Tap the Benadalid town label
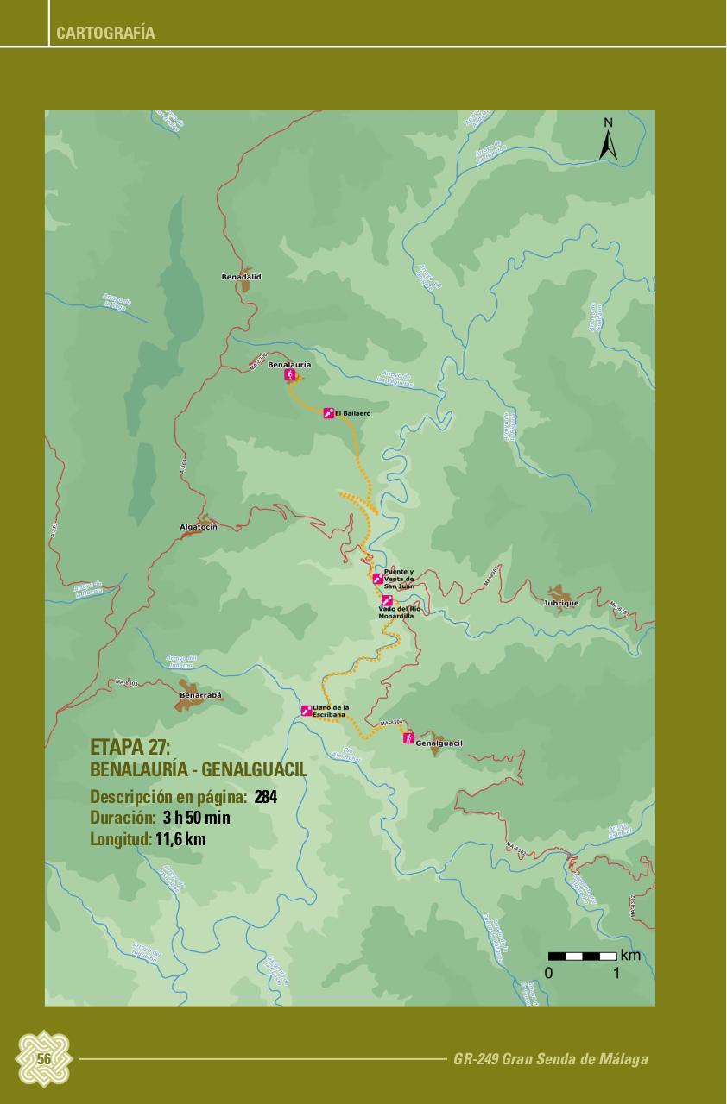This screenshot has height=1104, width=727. click(x=241, y=277)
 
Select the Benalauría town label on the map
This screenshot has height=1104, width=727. click(x=289, y=365)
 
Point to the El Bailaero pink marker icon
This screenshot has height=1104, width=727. click(x=328, y=414)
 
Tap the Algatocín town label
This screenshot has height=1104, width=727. click(x=198, y=526)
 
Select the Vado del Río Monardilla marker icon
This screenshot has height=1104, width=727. click(x=387, y=600)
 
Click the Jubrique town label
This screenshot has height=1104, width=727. click(x=561, y=603)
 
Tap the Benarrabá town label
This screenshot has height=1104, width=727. click(x=200, y=695)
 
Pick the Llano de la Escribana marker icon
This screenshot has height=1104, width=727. click(x=307, y=711)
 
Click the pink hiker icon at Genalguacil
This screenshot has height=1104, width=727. click(x=407, y=738)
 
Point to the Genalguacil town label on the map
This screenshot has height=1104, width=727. click(x=439, y=743)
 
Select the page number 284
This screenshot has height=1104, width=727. click(x=266, y=796)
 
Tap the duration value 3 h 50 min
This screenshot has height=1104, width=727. click(x=196, y=818)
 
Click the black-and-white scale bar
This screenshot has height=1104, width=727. click(x=582, y=956)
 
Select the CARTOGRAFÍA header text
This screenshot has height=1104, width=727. click(x=105, y=34)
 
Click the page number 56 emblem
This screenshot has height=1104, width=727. click(x=43, y=1058)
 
